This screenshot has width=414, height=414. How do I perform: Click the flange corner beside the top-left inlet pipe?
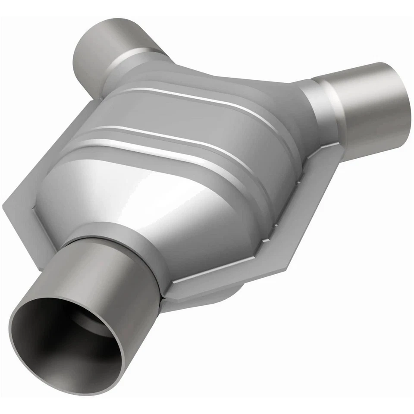pos(97,103)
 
